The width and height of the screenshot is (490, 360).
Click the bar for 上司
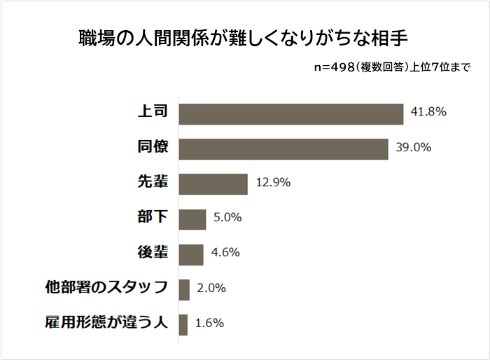click(x=291, y=114)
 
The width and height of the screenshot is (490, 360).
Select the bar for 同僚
click(x=283, y=149)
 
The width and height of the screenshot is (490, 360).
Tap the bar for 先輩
click(x=213, y=184)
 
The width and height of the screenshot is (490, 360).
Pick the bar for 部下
click(x=192, y=219)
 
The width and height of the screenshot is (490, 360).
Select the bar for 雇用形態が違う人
click(x=183, y=324)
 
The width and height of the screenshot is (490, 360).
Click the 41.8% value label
click(x=429, y=112)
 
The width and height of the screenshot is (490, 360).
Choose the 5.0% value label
click(x=227, y=217)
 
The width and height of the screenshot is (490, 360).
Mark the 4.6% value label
click(x=225, y=252)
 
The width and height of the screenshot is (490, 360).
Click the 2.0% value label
click(x=209, y=288)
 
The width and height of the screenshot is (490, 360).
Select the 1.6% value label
click(x=209, y=323)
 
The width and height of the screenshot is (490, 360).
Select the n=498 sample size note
click(x=393, y=68)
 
